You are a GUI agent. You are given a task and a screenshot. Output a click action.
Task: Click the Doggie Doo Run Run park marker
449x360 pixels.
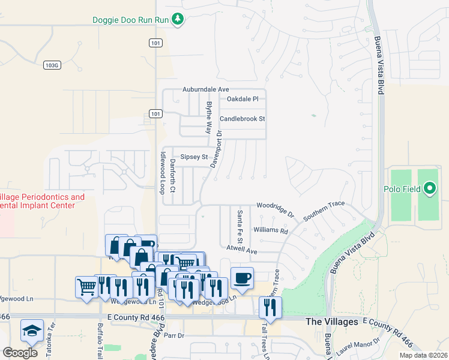178,20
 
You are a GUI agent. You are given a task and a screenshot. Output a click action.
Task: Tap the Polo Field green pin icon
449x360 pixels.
429,190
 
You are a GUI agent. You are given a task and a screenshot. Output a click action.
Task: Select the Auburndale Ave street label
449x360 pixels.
206,89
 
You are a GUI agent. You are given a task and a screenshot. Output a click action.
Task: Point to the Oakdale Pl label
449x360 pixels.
243,99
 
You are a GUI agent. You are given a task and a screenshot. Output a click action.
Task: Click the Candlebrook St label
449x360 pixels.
243,119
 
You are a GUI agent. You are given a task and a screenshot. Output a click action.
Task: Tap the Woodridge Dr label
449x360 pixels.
277,209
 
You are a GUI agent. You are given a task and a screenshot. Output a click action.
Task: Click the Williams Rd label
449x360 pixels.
271,230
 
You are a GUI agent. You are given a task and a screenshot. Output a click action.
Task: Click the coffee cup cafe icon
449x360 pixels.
242,278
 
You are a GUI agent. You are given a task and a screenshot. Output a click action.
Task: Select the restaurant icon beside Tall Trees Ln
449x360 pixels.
270,307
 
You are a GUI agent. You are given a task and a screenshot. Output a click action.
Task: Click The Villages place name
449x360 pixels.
332,322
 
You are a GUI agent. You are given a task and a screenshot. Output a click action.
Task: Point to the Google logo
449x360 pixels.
20,352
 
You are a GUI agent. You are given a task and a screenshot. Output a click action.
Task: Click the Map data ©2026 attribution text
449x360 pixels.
423,355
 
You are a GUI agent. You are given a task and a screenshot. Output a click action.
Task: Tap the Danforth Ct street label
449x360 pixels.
172,176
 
